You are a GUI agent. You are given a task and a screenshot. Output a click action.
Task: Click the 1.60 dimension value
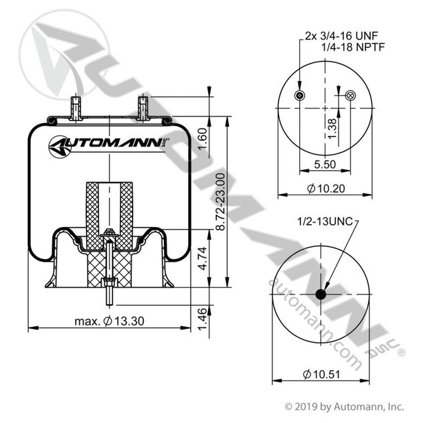(203, 139)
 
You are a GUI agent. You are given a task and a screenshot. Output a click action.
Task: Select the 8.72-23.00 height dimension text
(221, 201)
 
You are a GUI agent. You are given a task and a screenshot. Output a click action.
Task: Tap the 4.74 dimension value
(203, 258)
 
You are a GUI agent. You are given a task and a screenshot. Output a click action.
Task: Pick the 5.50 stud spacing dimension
(325, 164)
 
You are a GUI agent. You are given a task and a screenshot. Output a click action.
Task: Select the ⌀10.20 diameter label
(326, 188)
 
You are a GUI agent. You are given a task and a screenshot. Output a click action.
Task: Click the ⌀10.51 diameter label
(321, 374)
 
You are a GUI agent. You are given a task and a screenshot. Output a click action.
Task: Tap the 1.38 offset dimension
(333, 129)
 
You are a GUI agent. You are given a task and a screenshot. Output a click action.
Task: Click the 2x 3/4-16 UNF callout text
(341, 35)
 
